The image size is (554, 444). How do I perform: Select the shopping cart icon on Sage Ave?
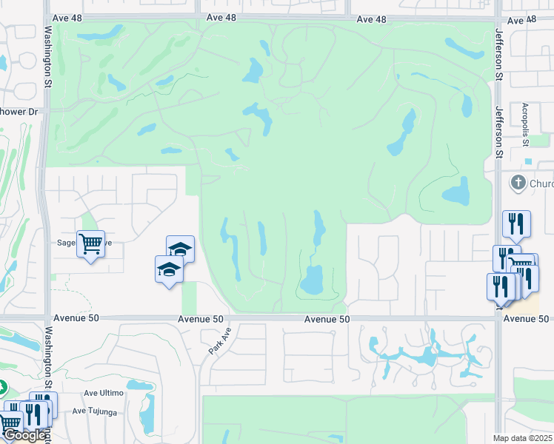(x=90, y=242)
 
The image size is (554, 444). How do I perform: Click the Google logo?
(x=24, y=435)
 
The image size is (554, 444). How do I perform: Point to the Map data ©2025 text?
(x=523, y=438)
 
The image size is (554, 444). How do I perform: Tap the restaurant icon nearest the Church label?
(x=516, y=223)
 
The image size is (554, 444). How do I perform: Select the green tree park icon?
(x=1, y=387)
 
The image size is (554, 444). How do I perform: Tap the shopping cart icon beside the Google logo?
(x=9, y=423)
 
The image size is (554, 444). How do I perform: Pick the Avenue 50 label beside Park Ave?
(x=200, y=319)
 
